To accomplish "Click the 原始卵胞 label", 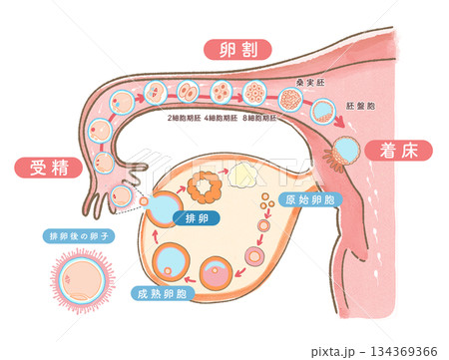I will [x=309, y=199].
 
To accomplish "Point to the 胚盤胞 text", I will [x=359, y=105].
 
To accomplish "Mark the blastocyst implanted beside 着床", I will [x=346, y=151].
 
